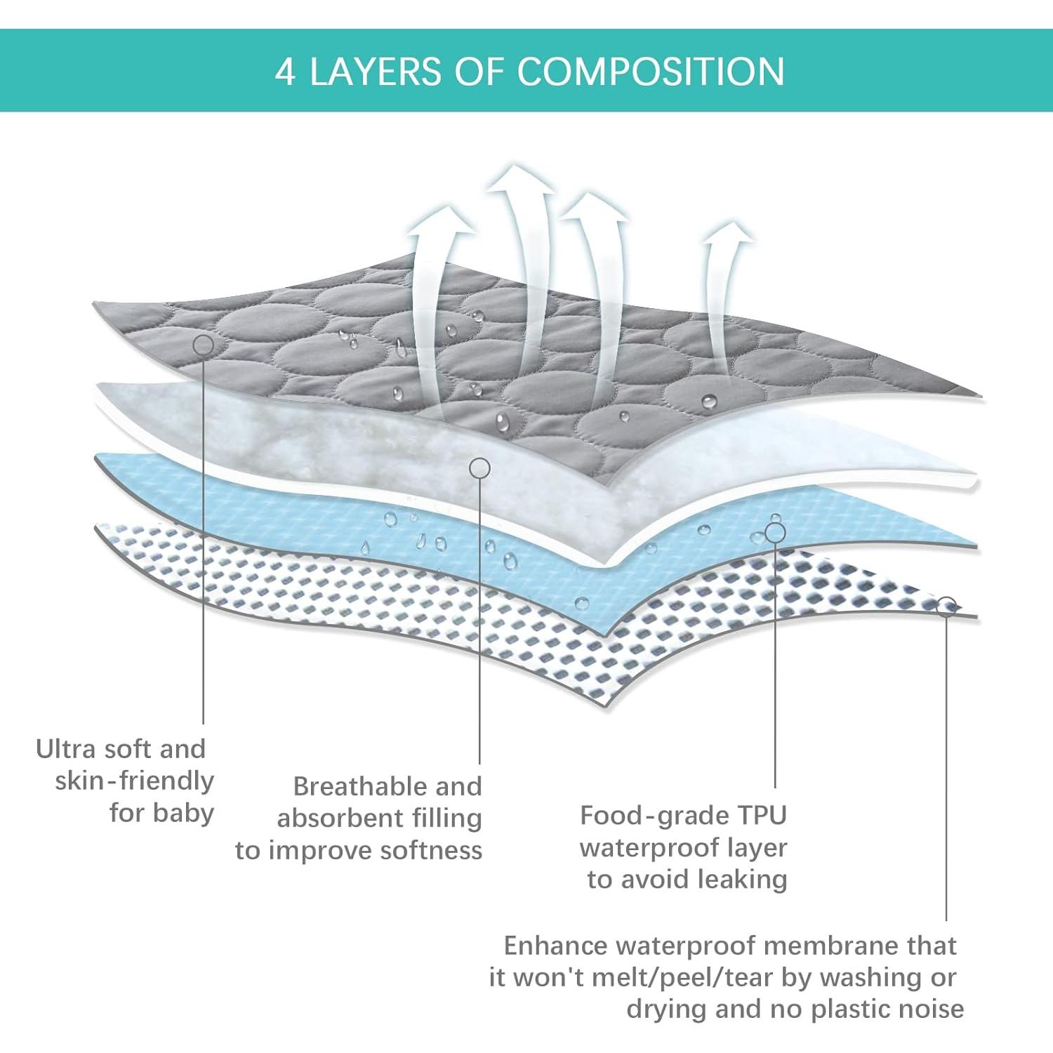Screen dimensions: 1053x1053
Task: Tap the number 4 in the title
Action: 285,72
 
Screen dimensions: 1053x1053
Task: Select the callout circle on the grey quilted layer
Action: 204,345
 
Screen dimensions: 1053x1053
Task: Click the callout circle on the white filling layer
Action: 479,468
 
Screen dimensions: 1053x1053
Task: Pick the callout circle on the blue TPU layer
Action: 775,533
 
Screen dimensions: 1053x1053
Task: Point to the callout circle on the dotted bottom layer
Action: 946,607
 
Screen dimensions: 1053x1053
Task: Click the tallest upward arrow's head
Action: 521,177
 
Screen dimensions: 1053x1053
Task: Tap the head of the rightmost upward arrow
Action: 729,233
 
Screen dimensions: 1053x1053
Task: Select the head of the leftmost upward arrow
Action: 442,219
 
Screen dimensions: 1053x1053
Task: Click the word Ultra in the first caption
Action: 66,749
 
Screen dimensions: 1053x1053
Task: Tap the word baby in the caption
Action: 183,813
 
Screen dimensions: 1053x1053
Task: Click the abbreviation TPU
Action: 762,816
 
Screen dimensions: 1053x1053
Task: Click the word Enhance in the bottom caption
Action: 556,946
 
